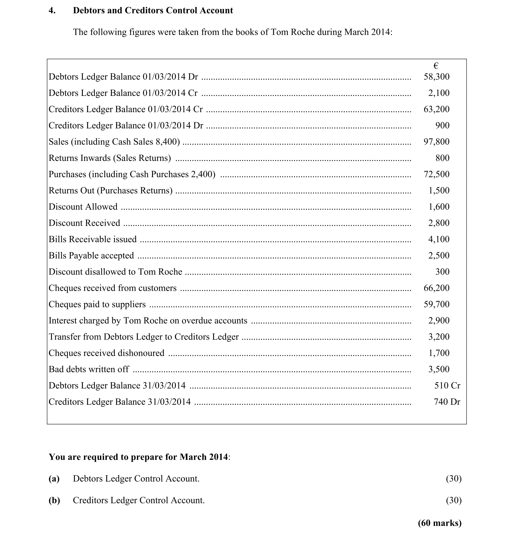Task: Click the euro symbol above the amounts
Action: (436, 66)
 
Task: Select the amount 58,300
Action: (437, 77)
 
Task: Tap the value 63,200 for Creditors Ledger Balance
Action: (437, 109)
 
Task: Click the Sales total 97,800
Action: (437, 142)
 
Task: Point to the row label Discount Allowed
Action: (83, 207)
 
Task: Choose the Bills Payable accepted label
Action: (91, 255)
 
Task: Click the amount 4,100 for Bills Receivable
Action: (439, 239)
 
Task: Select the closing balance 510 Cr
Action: (447, 386)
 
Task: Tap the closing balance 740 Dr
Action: (447, 402)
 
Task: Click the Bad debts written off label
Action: (89, 369)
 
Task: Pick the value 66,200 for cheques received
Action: (437, 288)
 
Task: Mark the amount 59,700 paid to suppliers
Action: (437, 304)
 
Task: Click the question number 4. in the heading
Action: (52, 10)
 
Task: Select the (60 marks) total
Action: (440, 523)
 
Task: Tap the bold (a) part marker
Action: (54, 479)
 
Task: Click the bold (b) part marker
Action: (54, 500)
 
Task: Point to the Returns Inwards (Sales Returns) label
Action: (110, 158)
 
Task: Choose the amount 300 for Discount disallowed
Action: (442, 272)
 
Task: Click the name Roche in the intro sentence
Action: (303, 32)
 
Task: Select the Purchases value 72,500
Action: (437, 174)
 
